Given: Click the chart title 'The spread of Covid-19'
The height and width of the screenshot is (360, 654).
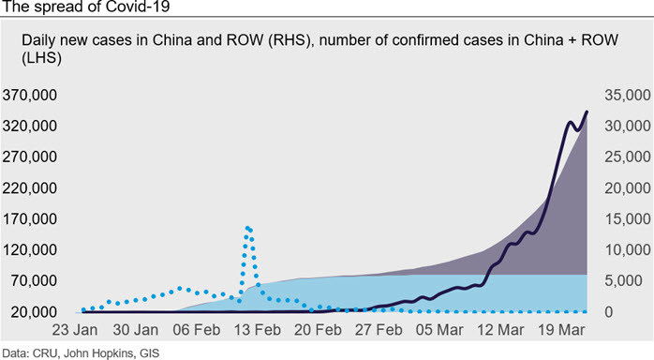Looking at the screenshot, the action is pyautogui.click(x=86, y=7).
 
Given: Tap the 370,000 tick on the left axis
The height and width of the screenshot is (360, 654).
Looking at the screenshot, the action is pyautogui.click(x=30, y=95).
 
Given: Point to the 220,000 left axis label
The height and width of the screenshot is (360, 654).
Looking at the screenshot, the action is pyautogui.click(x=30, y=188).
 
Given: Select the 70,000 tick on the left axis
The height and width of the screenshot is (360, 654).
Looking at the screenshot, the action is pyautogui.click(x=35, y=280).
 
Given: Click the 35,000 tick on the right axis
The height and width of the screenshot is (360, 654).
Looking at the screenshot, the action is pyautogui.click(x=628, y=95).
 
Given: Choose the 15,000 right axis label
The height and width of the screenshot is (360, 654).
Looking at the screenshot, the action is pyautogui.click(x=628, y=219).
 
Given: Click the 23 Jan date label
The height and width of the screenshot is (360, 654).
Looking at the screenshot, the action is pyautogui.click(x=75, y=330).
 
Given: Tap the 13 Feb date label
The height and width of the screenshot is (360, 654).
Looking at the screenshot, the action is pyautogui.click(x=258, y=330).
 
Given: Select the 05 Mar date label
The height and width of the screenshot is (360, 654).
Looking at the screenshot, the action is pyautogui.click(x=439, y=330).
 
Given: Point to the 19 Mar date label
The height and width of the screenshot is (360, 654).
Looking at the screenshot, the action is pyautogui.click(x=561, y=330).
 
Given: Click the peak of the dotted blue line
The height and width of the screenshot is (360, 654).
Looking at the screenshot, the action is pyautogui.click(x=247, y=228).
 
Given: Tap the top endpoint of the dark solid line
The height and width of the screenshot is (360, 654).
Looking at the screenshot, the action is pyautogui.click(x=587, y=112).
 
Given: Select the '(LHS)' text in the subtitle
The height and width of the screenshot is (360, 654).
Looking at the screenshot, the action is pyautogui.click(x=42, y=58).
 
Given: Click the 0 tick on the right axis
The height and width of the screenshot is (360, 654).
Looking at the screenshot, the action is pyautogui.click(x=609, y=311).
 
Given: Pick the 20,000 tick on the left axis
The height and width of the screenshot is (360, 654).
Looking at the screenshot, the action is pyautogui.click(x=35, y=311).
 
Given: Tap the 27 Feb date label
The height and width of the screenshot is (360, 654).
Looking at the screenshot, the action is pyautogui.click(x=379, y=330).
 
